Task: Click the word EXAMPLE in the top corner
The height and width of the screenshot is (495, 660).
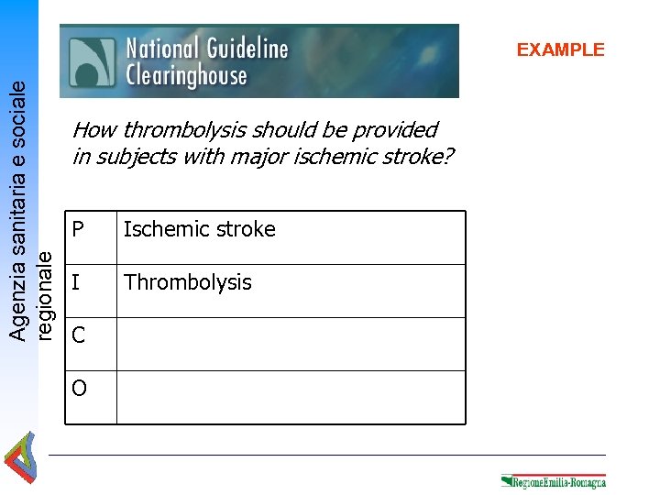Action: click(x=560, y=49)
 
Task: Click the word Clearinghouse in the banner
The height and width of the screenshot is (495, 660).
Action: click(x=186, y=75)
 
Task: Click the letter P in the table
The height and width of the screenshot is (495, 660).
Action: click(x=79, y=229)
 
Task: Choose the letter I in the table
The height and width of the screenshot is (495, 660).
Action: click(x=77, y=282)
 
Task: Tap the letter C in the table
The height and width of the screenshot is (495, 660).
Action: click(x=79, y=335)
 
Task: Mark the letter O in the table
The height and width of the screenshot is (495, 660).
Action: click(x=80, y=389)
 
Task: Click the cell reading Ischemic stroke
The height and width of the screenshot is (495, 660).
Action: click(x=200, y=229)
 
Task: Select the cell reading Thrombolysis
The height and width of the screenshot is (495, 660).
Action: click(x=188, y=282)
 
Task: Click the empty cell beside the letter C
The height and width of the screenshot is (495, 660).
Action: click(x=291, y=344)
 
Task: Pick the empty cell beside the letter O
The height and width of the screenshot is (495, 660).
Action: click(x=291, y=397)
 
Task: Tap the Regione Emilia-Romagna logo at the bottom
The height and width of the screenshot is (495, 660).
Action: click(x=554, y=480)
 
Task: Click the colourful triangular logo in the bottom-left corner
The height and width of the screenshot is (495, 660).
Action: click(x=20, y=459)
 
